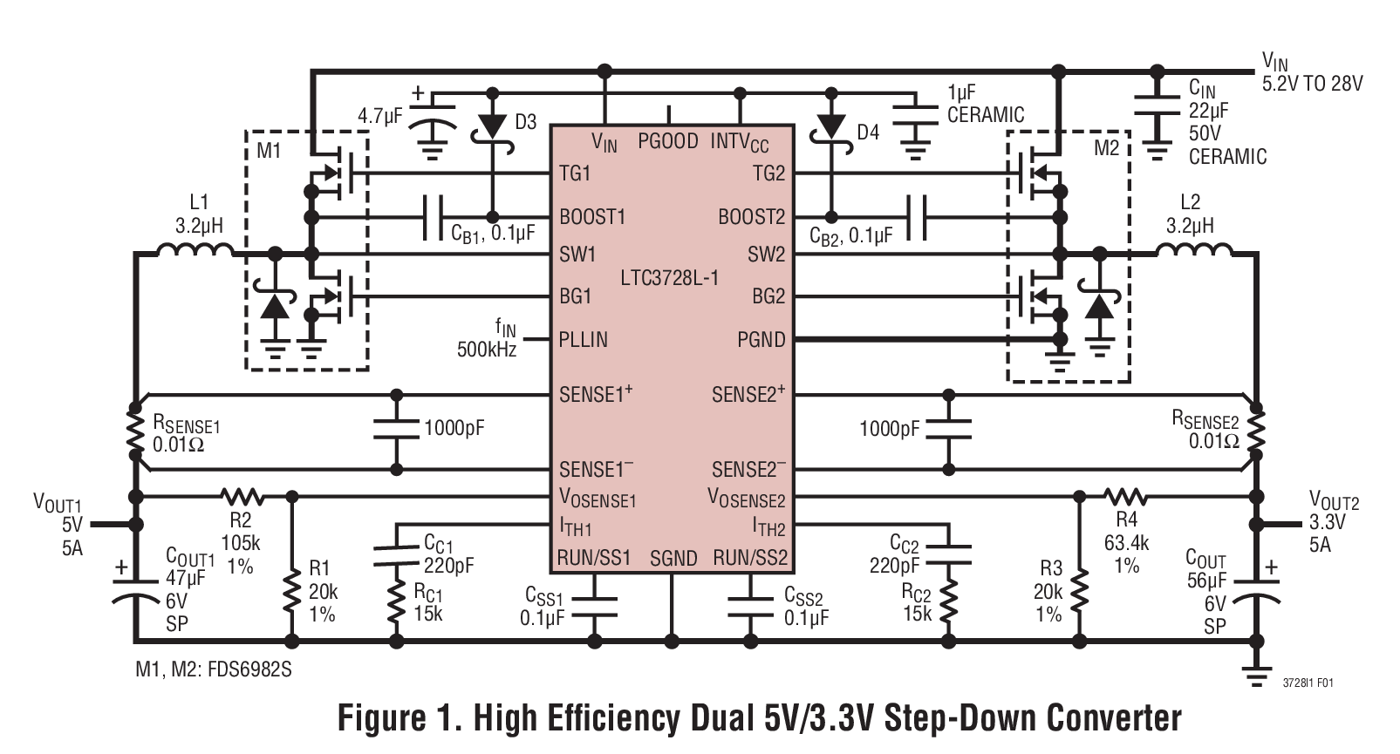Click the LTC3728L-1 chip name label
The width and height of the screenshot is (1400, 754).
click(670, 278)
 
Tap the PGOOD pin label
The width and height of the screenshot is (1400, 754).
click(667, 141)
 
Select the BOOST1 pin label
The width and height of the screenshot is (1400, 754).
click(592, 216)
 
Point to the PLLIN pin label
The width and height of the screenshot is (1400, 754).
click(583, 339)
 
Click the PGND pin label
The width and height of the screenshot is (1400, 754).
click(761, 339)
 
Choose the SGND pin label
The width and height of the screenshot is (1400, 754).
click(673, 559)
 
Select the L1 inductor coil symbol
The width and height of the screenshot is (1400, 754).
click(195, 253)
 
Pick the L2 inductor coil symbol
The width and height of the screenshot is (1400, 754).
click(1193, 253)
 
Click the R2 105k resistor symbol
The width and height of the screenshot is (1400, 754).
click(242, 497)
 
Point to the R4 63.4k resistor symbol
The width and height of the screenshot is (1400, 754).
click(1125, 497)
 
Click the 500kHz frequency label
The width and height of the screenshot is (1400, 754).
click(486, 350)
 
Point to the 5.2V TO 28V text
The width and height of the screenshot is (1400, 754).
click(1312, 84)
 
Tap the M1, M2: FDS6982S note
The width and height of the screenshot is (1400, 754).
click(213, 669)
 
